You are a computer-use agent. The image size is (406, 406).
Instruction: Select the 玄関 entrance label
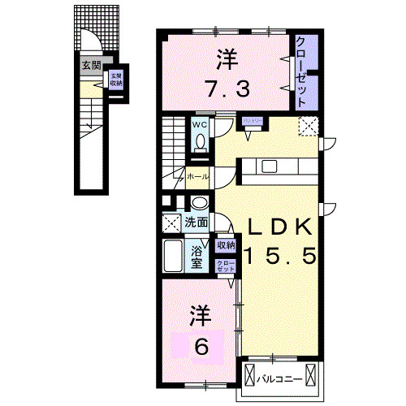90,66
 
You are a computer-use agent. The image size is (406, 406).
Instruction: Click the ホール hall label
197,176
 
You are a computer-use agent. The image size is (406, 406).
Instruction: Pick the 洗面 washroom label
196,222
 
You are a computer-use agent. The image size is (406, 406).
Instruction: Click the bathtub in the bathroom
173,257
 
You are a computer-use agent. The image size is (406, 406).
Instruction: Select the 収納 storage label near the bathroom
225,244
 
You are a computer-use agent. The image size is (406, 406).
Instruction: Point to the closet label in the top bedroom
301,71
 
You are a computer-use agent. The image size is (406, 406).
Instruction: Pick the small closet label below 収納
225,265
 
